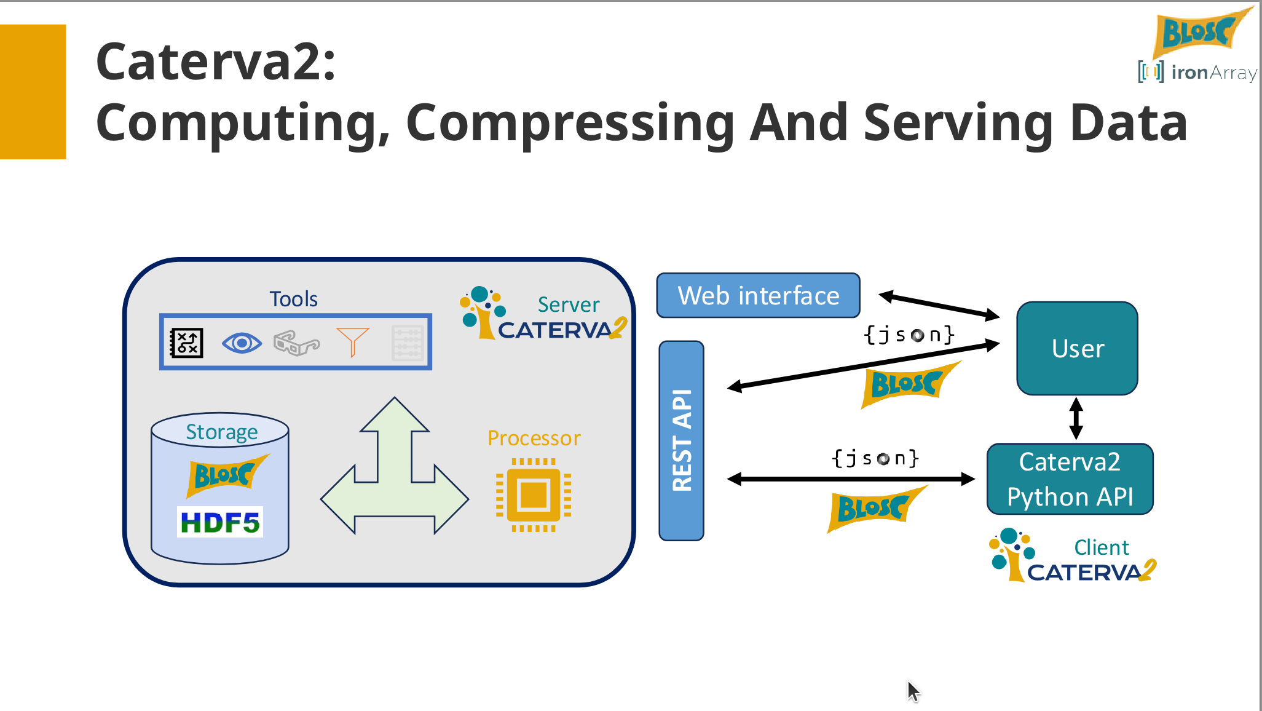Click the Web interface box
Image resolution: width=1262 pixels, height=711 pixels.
tap(758, 296)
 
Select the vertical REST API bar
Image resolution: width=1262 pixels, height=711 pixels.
tap(681, 440)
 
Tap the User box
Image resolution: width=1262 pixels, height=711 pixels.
tap(1077, 348)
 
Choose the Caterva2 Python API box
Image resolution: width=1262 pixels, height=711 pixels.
tap(1070, 479)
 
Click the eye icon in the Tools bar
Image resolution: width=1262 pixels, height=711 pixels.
tap(242, 343)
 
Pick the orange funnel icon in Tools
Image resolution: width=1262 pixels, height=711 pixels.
tap(352, 341)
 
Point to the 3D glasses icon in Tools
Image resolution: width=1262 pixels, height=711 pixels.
tap(296, 343)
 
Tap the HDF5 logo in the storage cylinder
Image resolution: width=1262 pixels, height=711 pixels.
tap(220, 522)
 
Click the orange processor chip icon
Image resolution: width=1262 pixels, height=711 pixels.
tap(534, 495)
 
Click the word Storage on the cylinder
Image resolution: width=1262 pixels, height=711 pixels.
tap(222, 432)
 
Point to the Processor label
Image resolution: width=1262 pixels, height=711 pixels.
tap(534, 438)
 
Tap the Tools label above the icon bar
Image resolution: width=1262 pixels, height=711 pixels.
tap(293, 299)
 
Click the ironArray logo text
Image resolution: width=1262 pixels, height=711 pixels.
tap(1213, 73)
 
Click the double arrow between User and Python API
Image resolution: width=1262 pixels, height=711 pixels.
tap(1076, 418)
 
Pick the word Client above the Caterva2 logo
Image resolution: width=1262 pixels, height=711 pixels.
tap(1101, 547)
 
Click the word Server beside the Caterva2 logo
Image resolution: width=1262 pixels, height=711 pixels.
tap(568, 304)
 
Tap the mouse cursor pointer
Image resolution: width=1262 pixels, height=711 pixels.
tap(913, 690)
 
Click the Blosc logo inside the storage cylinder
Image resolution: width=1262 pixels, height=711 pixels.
tap(224, 475)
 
